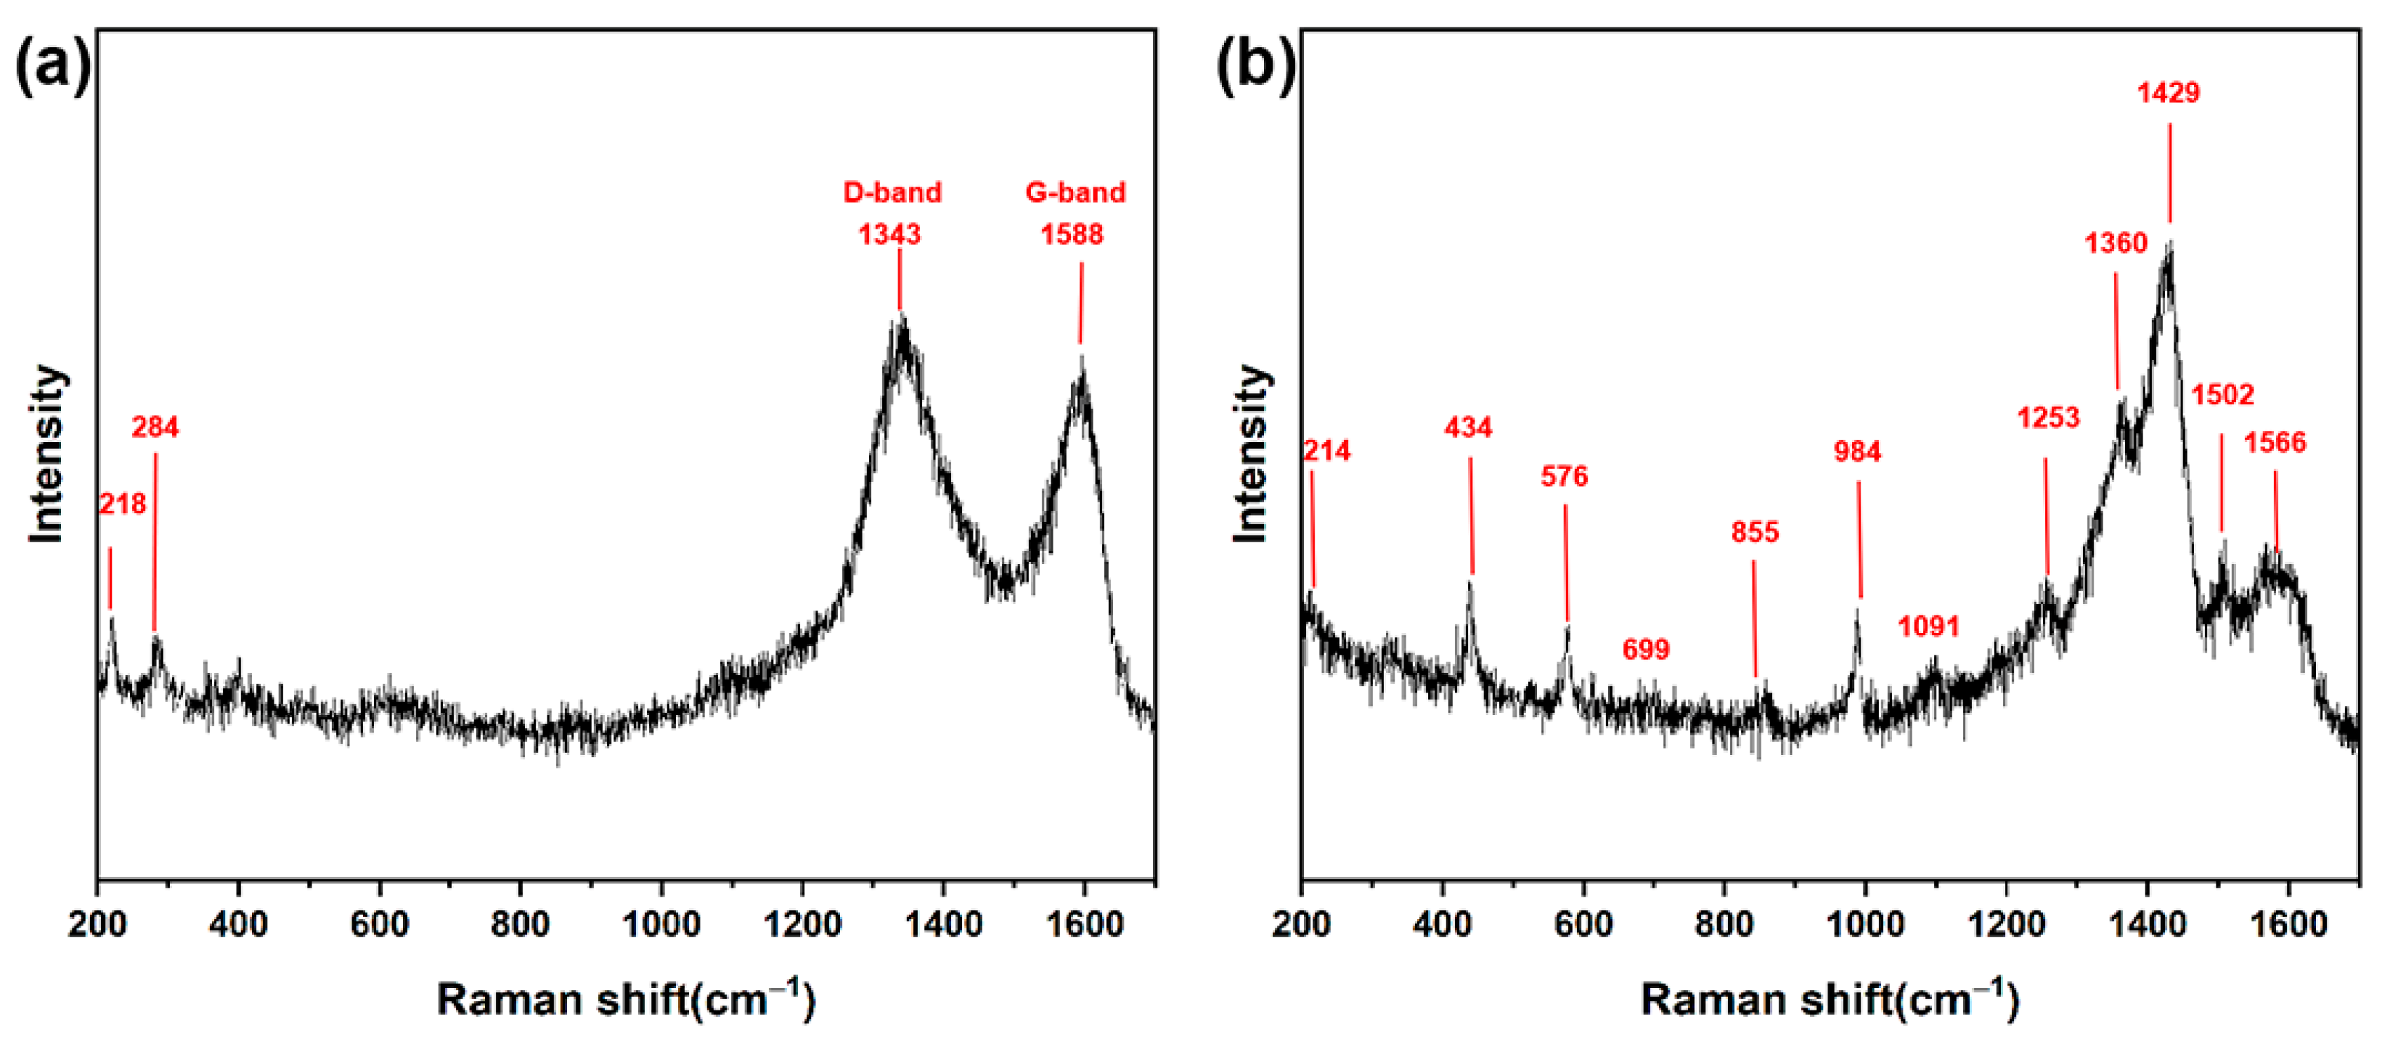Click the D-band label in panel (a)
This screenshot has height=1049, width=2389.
(891, 192)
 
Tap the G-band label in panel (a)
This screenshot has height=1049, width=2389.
(1075, 192)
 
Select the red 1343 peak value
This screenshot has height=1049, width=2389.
(889, 234)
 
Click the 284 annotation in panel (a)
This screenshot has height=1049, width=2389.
(155, 427)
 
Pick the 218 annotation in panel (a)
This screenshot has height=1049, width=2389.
(122, 504)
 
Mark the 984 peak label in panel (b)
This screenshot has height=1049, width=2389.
(1857, 452)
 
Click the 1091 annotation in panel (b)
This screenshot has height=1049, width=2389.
(1928, 627)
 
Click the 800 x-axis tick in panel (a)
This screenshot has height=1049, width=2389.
(520, 925)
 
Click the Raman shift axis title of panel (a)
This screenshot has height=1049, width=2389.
(626, 999)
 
